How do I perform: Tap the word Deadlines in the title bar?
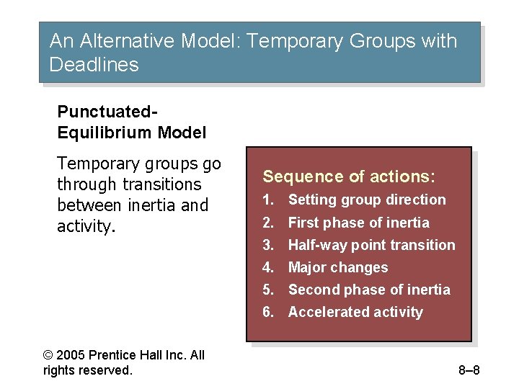(94, 65)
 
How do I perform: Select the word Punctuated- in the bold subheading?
(107, 112)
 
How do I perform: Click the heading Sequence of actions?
(349, 176)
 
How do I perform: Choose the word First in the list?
(303, 223)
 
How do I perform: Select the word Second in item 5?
(312, 290)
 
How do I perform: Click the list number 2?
(267, 223)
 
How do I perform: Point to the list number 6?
(267, 312)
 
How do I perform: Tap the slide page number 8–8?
(469, 371)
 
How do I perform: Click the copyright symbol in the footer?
(48, 355)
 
